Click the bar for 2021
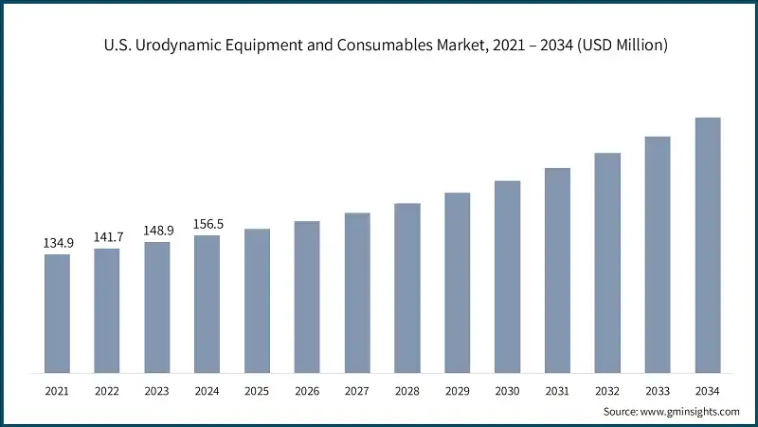coord(57,313)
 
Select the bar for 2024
coord(207,304)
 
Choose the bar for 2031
coord(557,270)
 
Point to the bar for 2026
coord(307,296)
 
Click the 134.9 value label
coord(57,244)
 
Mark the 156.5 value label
coord(207,225)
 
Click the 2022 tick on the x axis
coord(107,390)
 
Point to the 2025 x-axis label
coord(257,390)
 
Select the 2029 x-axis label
coord(458,390)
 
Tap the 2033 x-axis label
coord(658,390)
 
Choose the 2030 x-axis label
coord(508,390)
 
